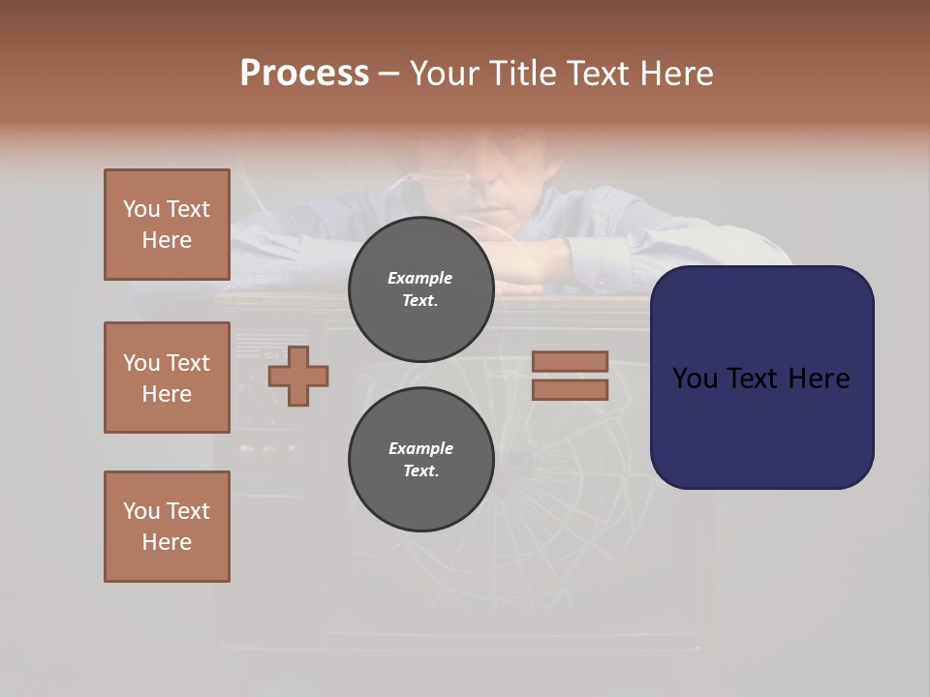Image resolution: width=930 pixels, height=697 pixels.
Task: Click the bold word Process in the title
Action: click(304, 74)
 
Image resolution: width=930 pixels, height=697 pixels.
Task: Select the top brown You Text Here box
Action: click(167, 225)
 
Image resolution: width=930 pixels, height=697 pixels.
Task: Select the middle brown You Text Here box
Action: click(167, 378)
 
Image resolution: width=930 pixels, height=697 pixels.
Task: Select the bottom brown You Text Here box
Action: click(167, 527)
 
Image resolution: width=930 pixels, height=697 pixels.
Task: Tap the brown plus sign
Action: click(298, 376)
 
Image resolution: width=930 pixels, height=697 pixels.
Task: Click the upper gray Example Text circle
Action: click(420, 289)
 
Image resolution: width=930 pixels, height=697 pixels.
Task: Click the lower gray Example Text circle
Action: click(420, 460)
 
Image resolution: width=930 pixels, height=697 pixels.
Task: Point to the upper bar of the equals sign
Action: click(570, 361)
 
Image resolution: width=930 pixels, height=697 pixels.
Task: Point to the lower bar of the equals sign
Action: click(570, 390)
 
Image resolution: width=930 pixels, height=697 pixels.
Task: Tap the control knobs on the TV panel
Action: click(268, 448)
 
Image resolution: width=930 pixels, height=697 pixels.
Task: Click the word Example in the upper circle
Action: click(420, 278)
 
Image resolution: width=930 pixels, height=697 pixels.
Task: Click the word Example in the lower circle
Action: click(420, 448)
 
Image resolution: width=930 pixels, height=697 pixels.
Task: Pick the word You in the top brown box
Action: click(141, 209)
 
